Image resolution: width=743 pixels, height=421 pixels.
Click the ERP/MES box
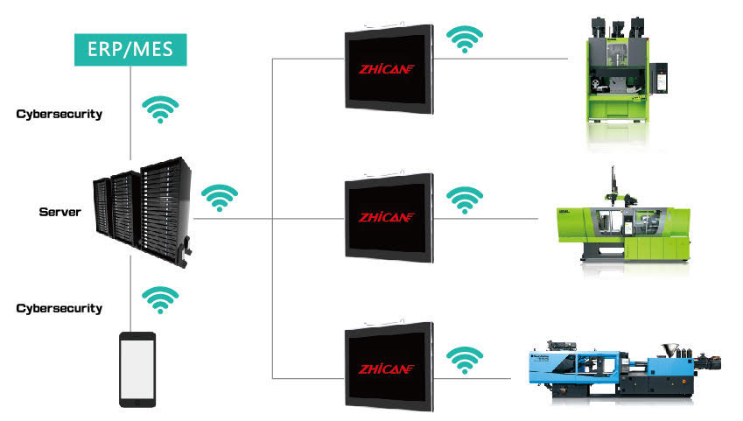pyautogui.click(x=130, y=49)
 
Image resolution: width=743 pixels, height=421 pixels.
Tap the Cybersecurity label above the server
pyautogui.click(x=59, y=114)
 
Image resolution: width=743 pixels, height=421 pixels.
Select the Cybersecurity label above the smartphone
pyautogui.click(x=59, y=308)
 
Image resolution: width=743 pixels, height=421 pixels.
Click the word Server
pyautogui.click(x=60, y=212)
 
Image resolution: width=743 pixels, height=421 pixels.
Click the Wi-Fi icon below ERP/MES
pyautogui.click(x=161, y=109)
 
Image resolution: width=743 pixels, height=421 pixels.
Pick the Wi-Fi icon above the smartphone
pyautogui.click(x=160, y=300)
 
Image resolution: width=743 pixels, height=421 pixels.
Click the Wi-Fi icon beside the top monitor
pyautogui.click(x=465, y=39)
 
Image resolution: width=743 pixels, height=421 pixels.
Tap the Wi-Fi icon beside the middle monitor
pyautogui.click(x=465, y=200)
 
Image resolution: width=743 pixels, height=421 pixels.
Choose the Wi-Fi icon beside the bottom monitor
pyautogui.click(x=465, y=359)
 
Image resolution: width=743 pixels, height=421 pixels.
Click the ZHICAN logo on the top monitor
pyautogui.click(x=388, y=68)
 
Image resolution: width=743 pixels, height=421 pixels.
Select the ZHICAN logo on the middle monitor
pyautogui.click(x=388, y=217)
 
